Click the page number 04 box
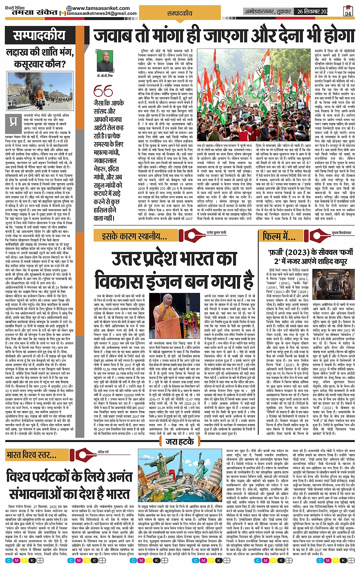point(347,11)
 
